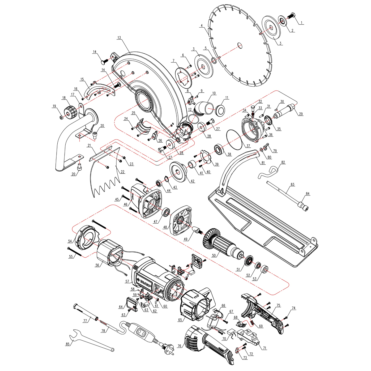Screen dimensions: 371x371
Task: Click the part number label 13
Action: pyautogui.click(x=119, y=38)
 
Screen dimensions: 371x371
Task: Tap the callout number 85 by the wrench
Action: pyautogui.click(x=67, y=344)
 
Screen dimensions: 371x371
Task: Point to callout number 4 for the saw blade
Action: pyautogui.click(x=202, y=26)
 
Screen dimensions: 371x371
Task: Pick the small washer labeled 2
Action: pyautogui.click(x=282, y=21)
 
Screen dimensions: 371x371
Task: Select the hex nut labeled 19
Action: pyautogui.click(x=61, y=117)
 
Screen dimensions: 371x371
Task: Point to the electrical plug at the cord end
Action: pyautogui.click(x=167, y=347)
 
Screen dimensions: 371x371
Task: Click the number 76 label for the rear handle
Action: pyautogui.click(x=179, y=346)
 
